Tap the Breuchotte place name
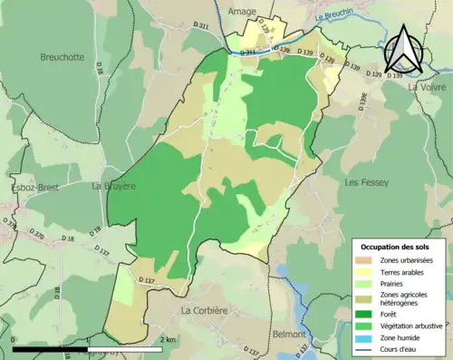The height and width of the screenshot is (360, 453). coord(62,57)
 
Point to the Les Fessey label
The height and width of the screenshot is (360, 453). coord(366,182)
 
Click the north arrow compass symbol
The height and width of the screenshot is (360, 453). coord(404,49)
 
